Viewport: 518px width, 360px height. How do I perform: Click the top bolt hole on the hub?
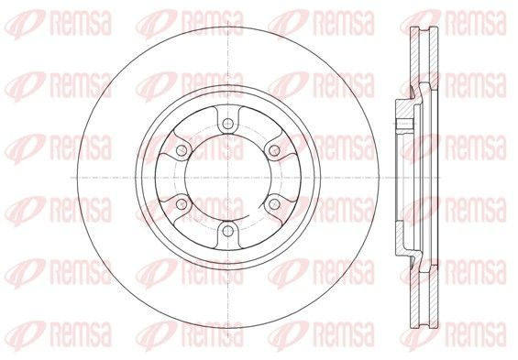click(x=228, y=124)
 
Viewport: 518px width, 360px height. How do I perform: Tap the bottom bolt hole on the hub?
click(x=228, y=231)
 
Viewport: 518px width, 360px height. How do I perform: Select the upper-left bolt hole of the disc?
click(x=182, y=151)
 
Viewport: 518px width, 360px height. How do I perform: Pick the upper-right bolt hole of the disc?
click(x=274, y=151)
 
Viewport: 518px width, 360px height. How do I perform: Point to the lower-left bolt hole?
click(x=182, y=204)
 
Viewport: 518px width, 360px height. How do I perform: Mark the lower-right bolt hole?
click(x=274, y=204)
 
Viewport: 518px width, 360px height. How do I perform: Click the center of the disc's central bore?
click(x=228, y=178)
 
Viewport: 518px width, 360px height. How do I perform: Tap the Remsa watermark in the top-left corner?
click(x=59, y=23)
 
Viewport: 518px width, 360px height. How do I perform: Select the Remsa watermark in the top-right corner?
click(x=453, y=23)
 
